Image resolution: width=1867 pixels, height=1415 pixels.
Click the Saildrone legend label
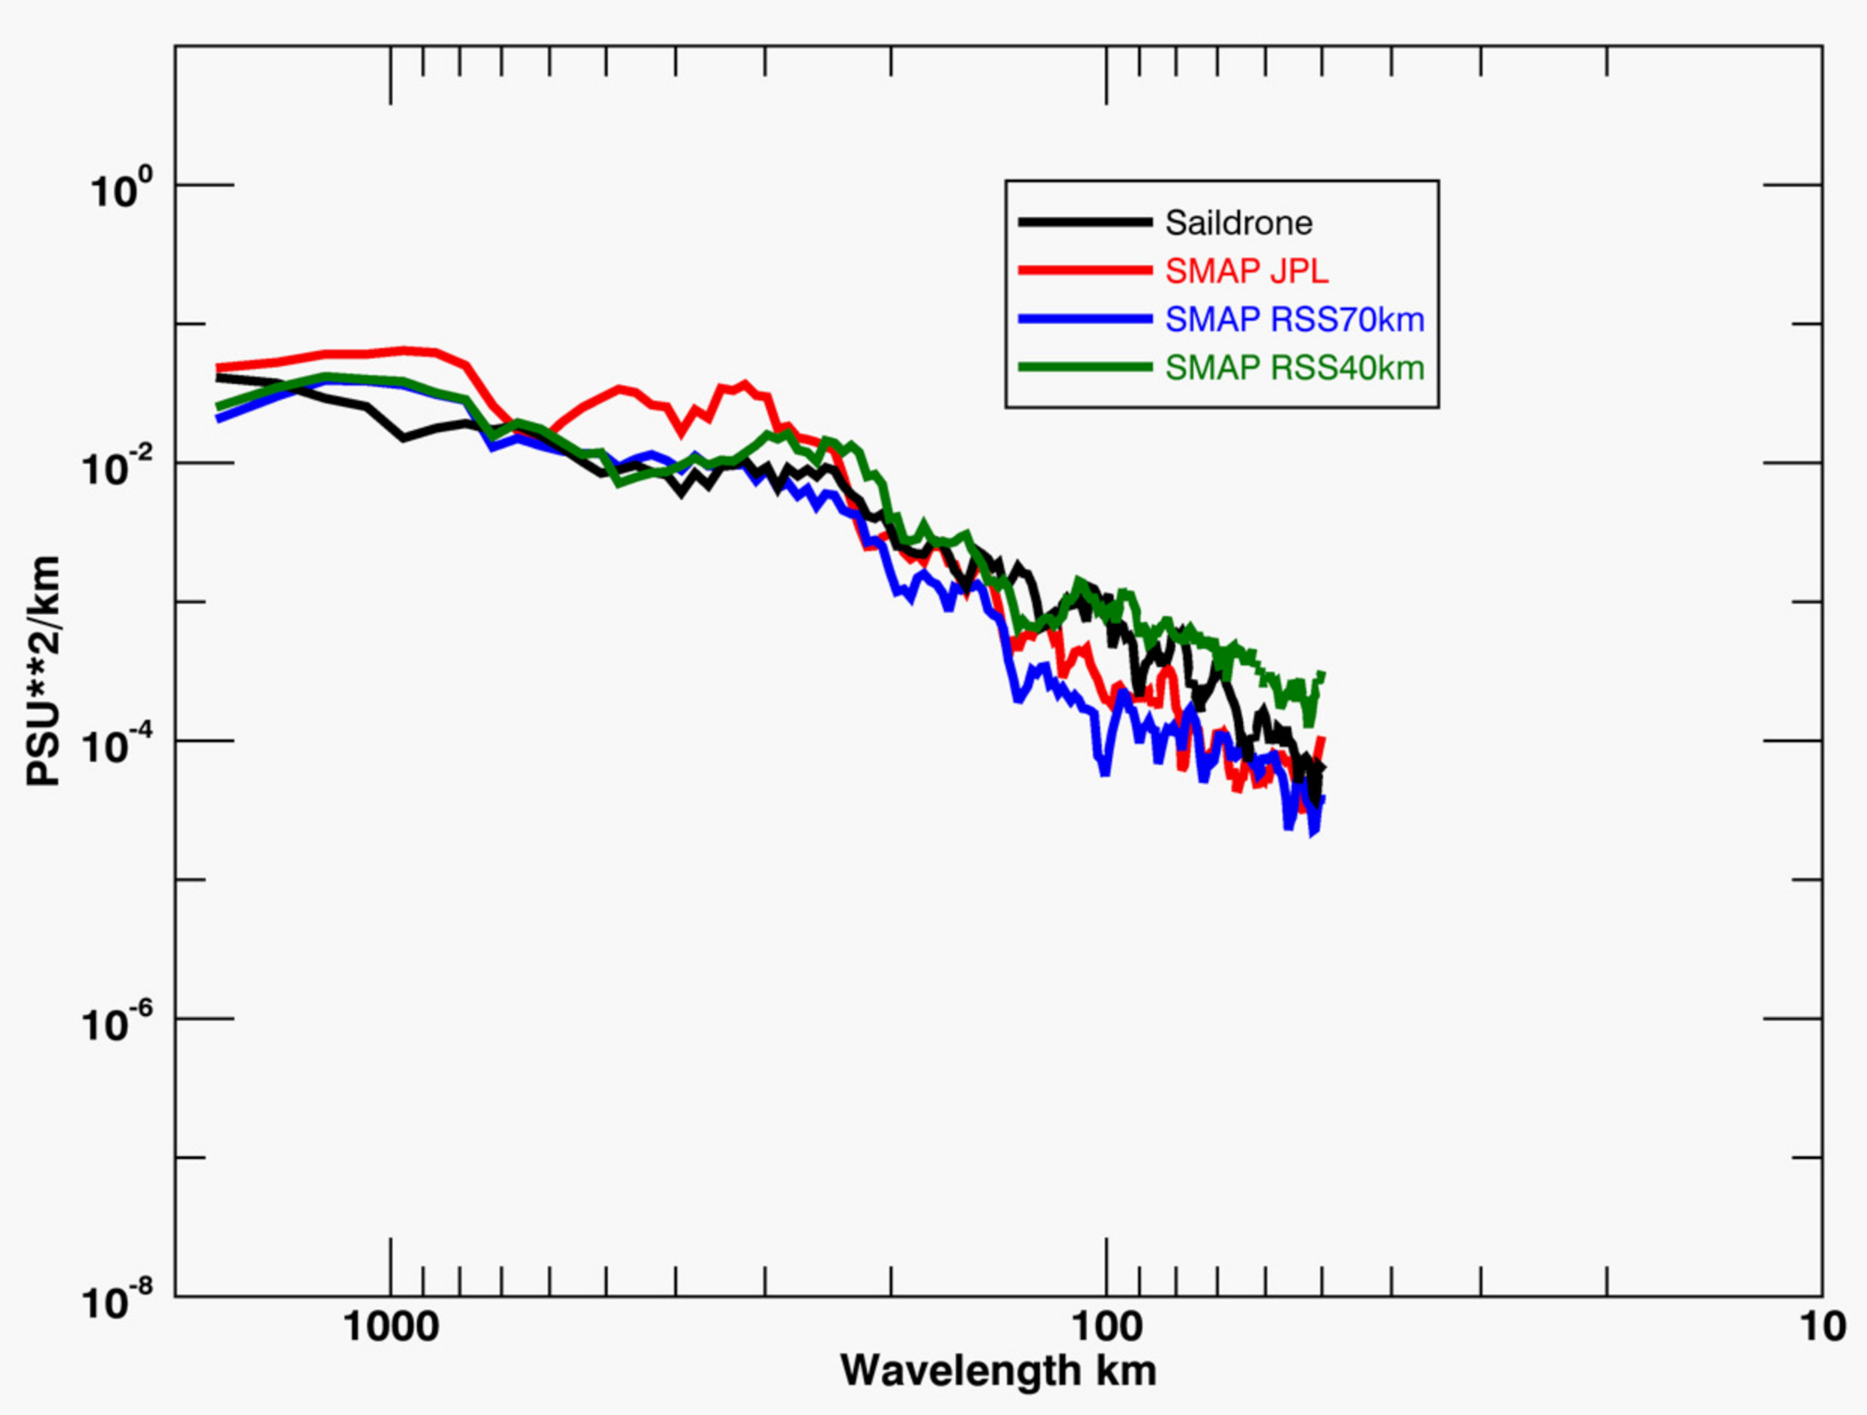[1238, 223]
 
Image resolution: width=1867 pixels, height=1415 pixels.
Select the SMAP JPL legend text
[1247, 271]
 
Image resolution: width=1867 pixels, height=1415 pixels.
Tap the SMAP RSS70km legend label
[1295, 320]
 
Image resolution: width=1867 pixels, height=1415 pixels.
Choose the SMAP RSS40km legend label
[1295, 368]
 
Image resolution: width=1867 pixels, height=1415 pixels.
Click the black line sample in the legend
[1085, 222]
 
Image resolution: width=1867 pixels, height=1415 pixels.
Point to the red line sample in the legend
[1085, 271]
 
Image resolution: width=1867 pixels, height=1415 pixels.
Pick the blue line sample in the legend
[1085, 320]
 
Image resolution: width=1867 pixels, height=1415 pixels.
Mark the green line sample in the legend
[1085, 368]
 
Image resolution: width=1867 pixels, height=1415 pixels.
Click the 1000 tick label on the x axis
[391, 1327]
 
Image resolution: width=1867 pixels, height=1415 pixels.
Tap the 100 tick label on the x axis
[1107, 1327]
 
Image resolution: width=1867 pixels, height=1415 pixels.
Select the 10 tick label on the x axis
[1823, 1327]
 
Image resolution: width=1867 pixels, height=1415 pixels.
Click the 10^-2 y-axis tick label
[116, 467]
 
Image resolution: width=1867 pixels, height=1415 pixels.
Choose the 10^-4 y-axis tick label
[116, 744]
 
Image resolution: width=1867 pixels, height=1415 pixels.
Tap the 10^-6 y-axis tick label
[116, 1023]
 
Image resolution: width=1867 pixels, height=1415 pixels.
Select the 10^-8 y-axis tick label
[116, 1300]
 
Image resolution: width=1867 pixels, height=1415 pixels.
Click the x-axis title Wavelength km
[997, 1371]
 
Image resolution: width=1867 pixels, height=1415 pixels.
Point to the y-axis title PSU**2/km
[44, 671]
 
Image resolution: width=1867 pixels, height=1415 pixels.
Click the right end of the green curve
[1323, 675]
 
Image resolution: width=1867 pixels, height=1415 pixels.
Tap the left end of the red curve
[218, 368]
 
